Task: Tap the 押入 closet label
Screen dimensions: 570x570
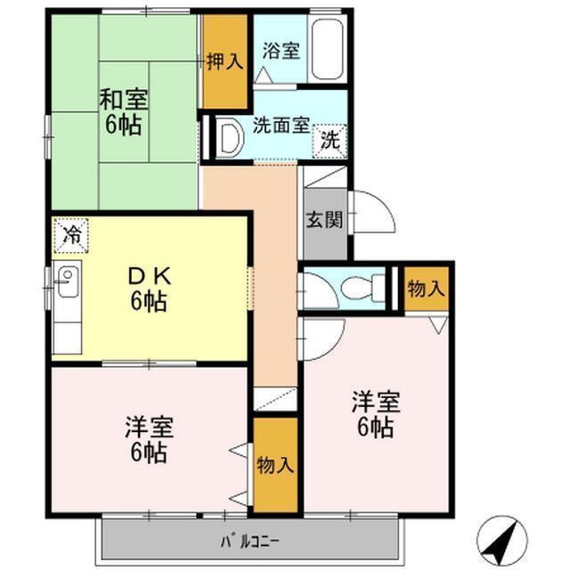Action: [x=225, y=61]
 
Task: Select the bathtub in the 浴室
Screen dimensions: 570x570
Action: [x=328, y=50]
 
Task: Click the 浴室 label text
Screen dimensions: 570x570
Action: [x=281, y=51]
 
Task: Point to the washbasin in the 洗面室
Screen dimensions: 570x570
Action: [x=230, y=138]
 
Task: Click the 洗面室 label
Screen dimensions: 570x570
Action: [x=281, y=126]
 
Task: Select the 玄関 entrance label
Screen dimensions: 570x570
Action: [x=324, y=220]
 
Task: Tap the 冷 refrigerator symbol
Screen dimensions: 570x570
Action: [x=71, y=235]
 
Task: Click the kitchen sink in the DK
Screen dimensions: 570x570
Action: [x=68, y=282]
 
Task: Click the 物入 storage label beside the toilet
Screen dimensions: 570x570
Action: [x=426, y=289]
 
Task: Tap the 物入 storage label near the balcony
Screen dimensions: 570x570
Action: [x=275, y=465]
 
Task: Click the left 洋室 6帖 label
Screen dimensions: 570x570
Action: [x=149, y=439]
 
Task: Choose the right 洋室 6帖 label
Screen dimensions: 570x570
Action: [x=376, y=414]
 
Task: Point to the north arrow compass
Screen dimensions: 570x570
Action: [x=502, y=541]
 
